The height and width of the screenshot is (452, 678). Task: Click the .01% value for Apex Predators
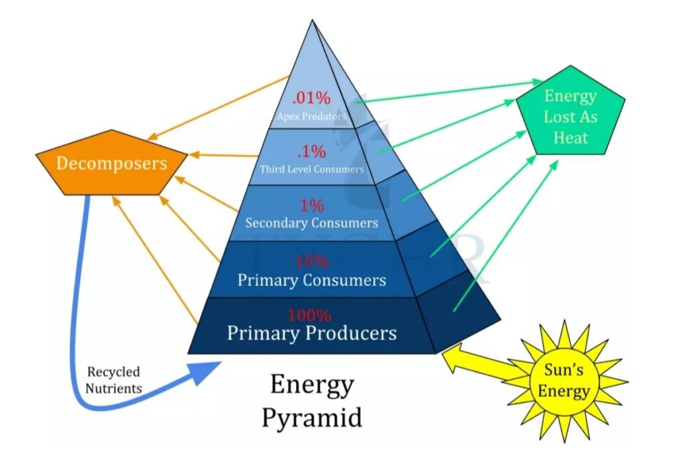pyautogui.click(x=311, y=99)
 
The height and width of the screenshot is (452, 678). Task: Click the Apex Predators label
pyautogui.click(x=312, y=116)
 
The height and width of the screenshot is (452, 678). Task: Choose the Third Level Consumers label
pyautogui.click(x=311, y=169)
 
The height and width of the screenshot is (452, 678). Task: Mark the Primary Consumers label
pyautogui.click(x=311, y=279)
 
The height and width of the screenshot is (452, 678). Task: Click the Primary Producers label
pyautogui.click(x=311, y=332)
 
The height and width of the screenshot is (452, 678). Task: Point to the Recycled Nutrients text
pyautogui.click(x=114, y=380)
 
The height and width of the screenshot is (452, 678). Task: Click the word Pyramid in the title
pyautogui.click(x=312, y=418)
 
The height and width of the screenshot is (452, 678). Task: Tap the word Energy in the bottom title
pyautogui.click(x=312, y=384)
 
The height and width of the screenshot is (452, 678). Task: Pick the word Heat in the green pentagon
pyautogui.click(x=570, y=138)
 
